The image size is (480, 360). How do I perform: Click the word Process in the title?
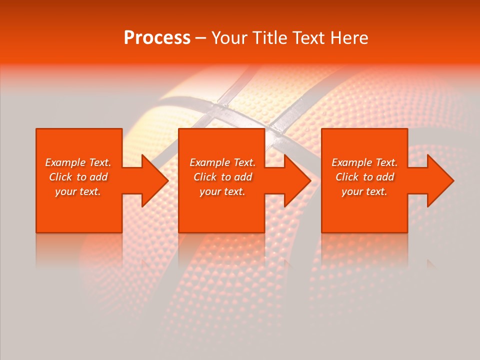point(157,38)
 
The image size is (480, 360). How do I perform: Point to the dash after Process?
point(200,38)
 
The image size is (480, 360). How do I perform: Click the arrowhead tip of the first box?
point(168,180)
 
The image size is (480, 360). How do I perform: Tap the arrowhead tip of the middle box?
point(310,180)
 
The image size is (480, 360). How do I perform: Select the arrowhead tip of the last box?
point(453,180)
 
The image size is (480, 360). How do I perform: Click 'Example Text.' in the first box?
point(78,162)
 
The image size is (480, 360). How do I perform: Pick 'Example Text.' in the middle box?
point(222,162)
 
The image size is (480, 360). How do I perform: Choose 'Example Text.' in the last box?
point(364,162)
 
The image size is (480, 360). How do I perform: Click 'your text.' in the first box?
point(78,191)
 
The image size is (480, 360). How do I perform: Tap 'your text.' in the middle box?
point(222,191)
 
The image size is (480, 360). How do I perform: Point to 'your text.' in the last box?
point(364,191)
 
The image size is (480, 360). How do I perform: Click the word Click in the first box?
point(60,177)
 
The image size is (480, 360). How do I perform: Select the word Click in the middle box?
point(205,177)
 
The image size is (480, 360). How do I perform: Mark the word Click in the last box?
point(347,177)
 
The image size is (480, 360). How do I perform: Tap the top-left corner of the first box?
point(36,129)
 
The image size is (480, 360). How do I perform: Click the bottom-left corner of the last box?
point(322,232)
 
